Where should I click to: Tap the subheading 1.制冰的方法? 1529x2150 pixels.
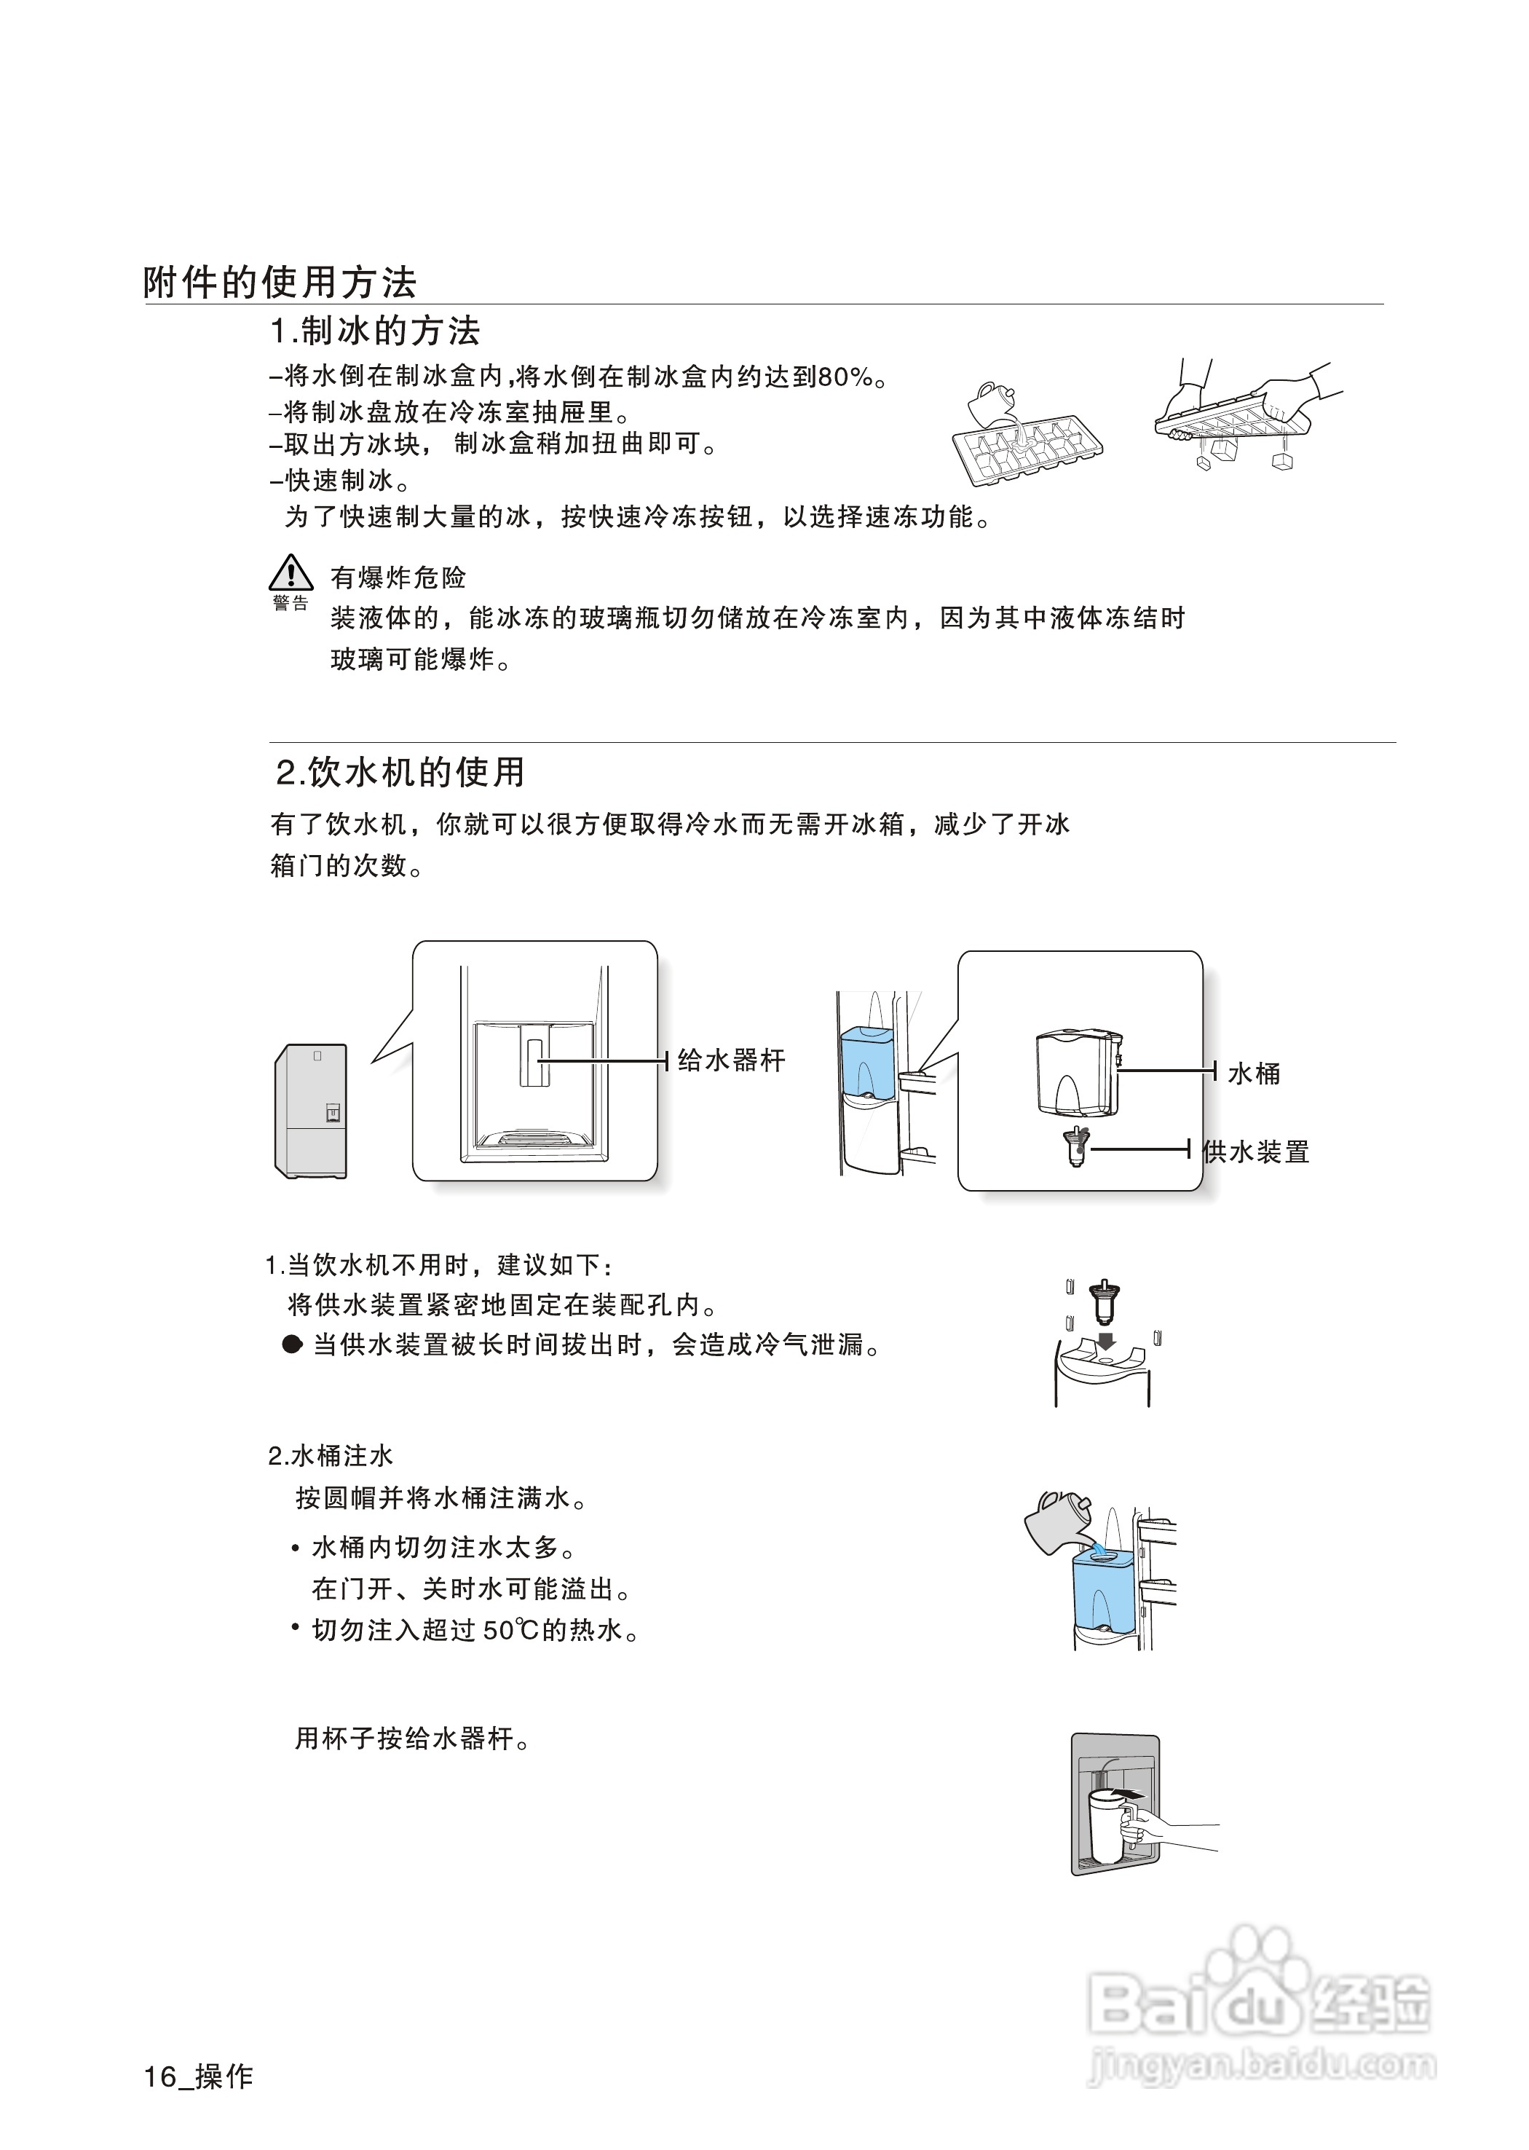375,331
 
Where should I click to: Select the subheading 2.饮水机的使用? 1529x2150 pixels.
400,772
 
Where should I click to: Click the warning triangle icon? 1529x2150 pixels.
291,572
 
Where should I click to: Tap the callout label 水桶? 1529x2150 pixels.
1253,1074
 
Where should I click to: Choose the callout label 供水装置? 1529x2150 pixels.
1256,1151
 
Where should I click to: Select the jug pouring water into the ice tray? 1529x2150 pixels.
993,405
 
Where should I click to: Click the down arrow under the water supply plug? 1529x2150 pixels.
1107,1340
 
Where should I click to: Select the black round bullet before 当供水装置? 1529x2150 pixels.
293,1344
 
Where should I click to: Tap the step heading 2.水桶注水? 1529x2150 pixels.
331,1456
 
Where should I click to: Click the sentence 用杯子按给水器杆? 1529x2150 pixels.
412,1738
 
